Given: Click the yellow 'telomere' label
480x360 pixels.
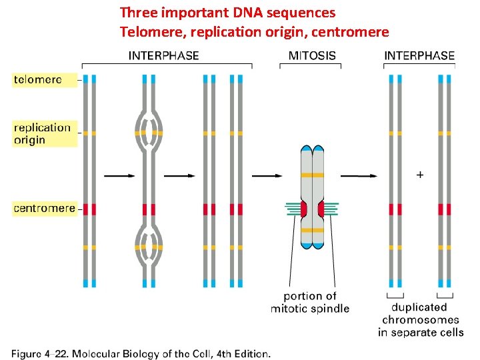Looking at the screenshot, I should point(38,79).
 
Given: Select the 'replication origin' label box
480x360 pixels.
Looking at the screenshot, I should point(42,133).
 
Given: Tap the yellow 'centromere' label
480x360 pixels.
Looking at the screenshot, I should point(45,208).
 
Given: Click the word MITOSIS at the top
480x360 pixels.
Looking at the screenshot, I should point(312,55).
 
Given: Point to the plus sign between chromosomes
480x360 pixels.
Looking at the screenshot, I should point(419,175).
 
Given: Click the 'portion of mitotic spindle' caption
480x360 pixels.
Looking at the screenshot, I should point(310,302).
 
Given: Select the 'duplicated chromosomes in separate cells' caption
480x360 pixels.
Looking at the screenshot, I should point(421,320).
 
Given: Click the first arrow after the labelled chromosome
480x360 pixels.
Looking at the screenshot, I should point(119,176).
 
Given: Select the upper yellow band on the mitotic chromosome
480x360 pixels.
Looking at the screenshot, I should point(312,175).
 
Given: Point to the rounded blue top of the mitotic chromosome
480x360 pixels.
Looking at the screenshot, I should point(312,148).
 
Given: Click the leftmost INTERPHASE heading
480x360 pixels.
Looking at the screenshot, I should point(163,55).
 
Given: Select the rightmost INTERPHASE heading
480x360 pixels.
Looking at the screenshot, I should point(419,55).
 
